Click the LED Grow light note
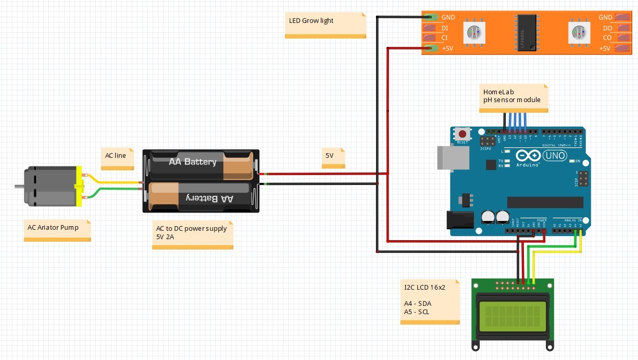[x=325, y=24]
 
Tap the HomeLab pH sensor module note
[x=513, y=97]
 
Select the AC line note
[x=117, y=158]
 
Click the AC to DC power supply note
[x=192, y=234]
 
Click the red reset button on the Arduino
[x=461, y=133]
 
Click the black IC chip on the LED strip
[x=526, y=33]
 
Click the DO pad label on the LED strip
[x=607, y=28]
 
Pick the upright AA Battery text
[x=192, y=162]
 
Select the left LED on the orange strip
[x=474, y=33]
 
